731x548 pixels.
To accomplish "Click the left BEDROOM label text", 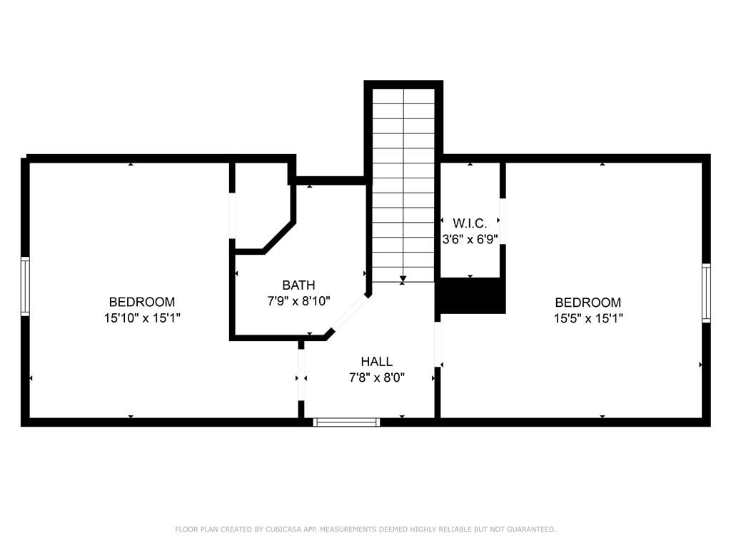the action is click(x=142, y=302).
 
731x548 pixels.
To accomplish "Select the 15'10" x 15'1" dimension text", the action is click(x=142, y=318).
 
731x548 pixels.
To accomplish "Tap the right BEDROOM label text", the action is click(x=588, y=303).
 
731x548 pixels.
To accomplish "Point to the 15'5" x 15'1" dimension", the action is click(x=588, y=319).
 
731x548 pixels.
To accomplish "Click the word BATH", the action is click(x=299, y=285).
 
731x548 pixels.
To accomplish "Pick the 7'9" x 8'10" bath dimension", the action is click(x=299, y=301).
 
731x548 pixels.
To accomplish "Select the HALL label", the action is click(x=377, y=361).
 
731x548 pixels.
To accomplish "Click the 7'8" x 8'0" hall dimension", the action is click(x=377, y=377).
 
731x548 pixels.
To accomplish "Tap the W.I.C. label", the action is click(x=470, y=223).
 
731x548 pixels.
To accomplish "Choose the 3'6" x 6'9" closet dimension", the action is click(x=470, y=239).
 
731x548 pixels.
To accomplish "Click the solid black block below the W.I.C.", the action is click(x=471, y=296).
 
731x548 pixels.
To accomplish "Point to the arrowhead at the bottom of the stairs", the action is click(x=403, y=279).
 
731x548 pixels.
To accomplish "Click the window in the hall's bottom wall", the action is click(x=346, y=422).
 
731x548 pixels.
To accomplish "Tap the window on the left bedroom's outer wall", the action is click(x=25, y=286).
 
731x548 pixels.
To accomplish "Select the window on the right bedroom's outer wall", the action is click(x=706, y=293).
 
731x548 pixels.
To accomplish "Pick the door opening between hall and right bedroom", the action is click(x=438, y=345).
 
